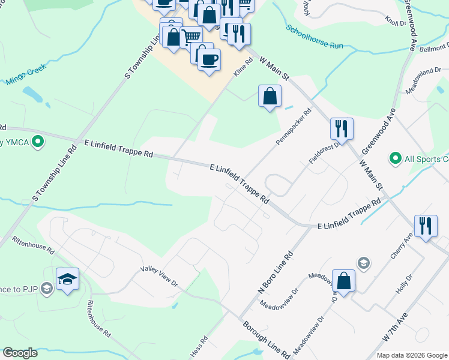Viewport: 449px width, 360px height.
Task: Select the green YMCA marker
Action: [38, 142]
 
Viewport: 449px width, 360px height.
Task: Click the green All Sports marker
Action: [395, 158]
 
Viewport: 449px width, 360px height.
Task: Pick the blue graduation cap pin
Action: [67, 279]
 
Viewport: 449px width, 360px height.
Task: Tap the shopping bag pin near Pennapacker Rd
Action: [270, 95]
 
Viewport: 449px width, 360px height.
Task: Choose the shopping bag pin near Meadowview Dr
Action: [343, 281]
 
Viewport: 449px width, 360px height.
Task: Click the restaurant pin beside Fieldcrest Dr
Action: [341, 128]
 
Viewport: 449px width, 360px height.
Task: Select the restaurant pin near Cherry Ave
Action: [426, 227]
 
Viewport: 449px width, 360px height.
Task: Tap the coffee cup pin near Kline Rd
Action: [209, 61]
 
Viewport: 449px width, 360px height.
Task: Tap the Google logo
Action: [20, 353]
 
